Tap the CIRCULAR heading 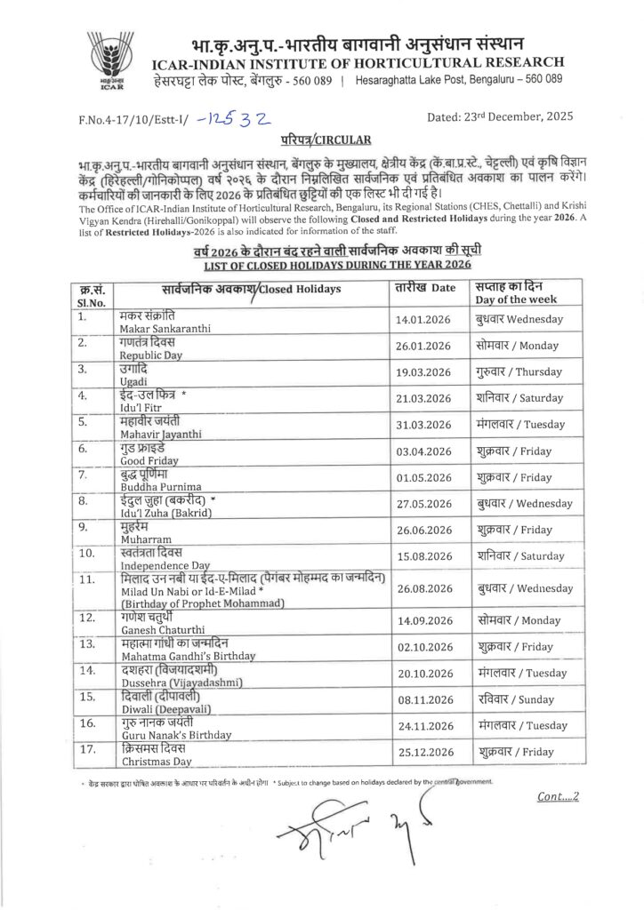pos(321,140)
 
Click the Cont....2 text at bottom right pos(558,797)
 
